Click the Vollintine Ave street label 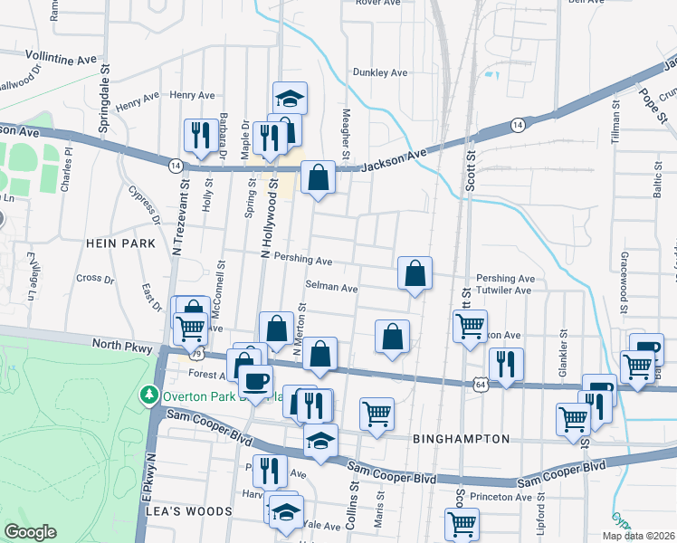[60, 57]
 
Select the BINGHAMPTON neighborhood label [461, 439]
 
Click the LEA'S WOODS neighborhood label [189, 511]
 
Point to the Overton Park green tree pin [148, 395]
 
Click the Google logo [30, 531]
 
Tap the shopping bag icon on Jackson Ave [318, 178]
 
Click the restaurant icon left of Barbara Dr [198, 136]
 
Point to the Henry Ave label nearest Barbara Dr [192, 95]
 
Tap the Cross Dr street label [94, 278]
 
